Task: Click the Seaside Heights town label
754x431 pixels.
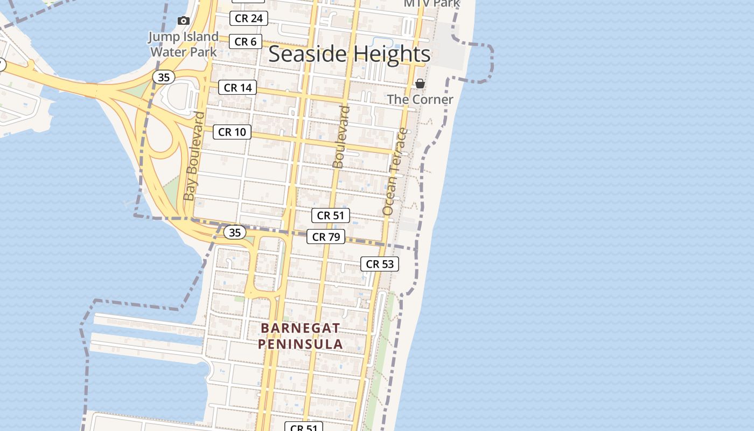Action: [349, 54]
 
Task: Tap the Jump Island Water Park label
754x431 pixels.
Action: [184, 44]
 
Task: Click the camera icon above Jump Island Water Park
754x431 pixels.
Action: [184, 20]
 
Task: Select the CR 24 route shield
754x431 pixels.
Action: [249, 18]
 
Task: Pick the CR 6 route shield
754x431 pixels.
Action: [245, 41]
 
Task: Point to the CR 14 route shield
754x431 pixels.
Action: [237, 87]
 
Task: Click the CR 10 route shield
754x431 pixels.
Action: [232, 132]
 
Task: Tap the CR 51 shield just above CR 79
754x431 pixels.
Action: [331, 215]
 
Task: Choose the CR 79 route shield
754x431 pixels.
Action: [326, 237]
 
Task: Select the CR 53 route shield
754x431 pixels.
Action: [380, 264]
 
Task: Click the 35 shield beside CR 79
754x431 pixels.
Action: [234, 232]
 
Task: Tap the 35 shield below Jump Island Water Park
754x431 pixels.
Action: [164, 77]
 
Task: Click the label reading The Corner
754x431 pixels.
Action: [420, 100]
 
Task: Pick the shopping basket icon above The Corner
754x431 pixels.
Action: [420, 84]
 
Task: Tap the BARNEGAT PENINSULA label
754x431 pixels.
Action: [300, 336]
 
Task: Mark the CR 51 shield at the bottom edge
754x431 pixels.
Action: [304, 427]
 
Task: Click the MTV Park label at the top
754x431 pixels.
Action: [432, 4]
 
